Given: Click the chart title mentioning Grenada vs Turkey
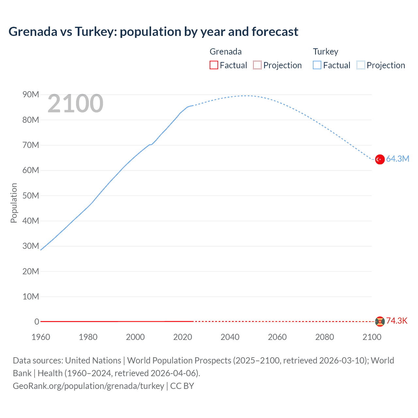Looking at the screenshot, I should click(x=153, y=32).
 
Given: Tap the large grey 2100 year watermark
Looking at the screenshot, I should click(x=75, y=104).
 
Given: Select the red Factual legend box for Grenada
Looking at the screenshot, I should click(x=214, y=65).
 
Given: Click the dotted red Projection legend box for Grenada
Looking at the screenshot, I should click(x=257, y=65).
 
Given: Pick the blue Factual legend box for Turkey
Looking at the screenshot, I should click(x=317, y=65).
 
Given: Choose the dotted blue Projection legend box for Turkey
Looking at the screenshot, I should click(x=361, y=65).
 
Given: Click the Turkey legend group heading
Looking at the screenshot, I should click(x=326, y=52).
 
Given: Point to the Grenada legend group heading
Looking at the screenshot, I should click(x=226, y=52).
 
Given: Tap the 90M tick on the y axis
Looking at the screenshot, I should click(x=31, y=95).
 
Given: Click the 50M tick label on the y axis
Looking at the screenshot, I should click(x=31, y=196).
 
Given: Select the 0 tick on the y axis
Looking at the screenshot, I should click(x=37, y=322).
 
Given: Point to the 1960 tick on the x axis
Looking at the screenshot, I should click(x=41, y=337).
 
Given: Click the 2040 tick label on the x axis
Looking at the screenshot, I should click(x=230, y=337).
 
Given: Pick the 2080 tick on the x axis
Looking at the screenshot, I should click(x=325, y=337).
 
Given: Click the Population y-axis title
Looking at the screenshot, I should click(x=14, y=203).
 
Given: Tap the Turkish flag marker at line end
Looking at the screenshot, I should click(x=380, y=159).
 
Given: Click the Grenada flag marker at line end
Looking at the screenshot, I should click(x=380, y=321).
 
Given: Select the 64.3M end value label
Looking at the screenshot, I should click(x=397, y=159).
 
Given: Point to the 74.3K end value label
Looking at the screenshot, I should click(x=397, y=321).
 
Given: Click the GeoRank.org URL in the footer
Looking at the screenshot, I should click(x=88, y=386).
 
